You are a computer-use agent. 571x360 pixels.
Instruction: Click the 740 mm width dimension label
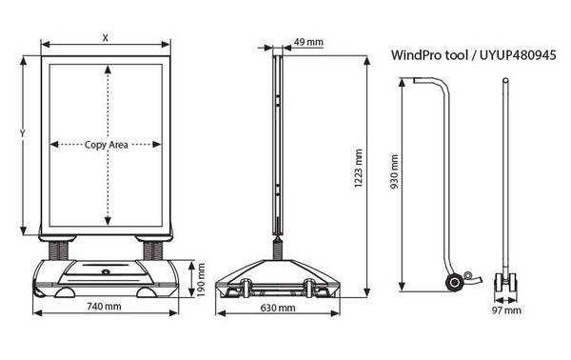coord(104,306)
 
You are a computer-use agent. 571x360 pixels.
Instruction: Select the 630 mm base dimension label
coord(278,308)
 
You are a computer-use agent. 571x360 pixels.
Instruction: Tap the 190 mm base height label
coord(201,280)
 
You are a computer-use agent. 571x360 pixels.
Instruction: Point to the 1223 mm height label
coord(359,168)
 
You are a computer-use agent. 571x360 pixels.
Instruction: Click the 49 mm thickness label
coord(308,42)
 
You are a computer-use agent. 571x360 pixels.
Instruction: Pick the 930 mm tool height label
coord(394,171)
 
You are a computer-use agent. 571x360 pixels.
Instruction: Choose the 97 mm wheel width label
coord(506,310)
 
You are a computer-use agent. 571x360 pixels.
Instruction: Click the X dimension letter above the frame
coord(106,37)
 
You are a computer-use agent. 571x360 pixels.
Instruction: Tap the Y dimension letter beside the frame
coord(23,133)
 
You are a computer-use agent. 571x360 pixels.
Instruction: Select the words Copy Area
coord(106,145)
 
